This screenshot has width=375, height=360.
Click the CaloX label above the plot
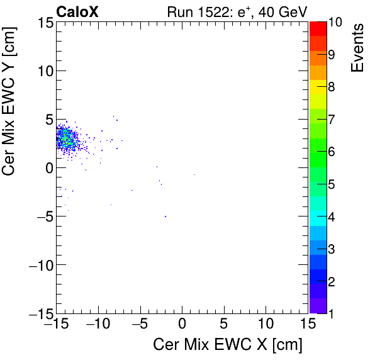[x=78, y=11]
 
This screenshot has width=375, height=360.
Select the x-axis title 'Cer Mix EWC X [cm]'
[x=228, y=345]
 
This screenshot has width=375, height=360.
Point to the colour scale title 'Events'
[x=357, y=47]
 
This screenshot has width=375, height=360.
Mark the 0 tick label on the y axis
[x=46, y=168]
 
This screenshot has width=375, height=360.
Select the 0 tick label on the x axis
[x=182, y=325]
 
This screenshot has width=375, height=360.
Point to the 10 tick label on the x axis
[x=265, y=325]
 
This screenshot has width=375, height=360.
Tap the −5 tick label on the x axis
[x=138, y=325]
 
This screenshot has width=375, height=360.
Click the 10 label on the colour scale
[x=335, y=23]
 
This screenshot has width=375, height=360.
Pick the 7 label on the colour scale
[x=331, y=120]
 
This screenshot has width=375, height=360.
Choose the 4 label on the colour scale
[x=331, y=217]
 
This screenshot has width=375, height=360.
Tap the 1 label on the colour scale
[x=331, y=313]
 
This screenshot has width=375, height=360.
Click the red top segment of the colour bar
[x=317, y=28]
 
